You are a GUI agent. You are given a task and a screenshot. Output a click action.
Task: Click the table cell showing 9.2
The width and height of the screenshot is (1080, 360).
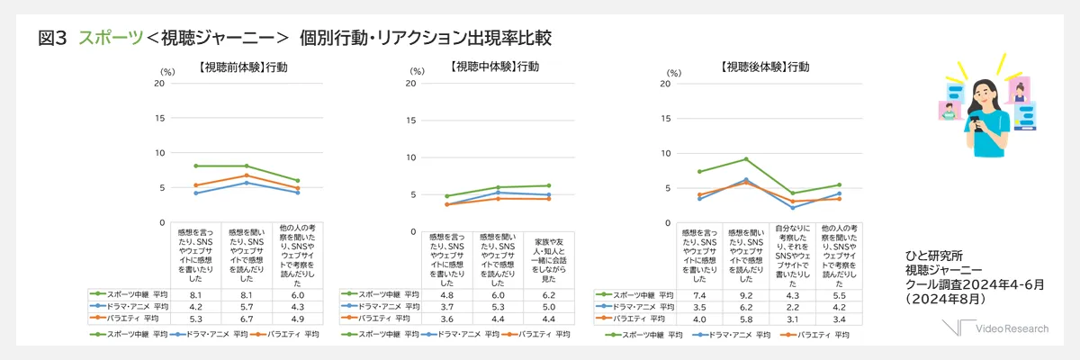[746, 294]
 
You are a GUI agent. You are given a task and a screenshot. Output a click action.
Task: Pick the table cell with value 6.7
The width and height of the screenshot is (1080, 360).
[246, 318]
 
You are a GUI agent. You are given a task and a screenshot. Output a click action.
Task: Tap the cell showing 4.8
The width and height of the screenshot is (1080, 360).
[447, 294]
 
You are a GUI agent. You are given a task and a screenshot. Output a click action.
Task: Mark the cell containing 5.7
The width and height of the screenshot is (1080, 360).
[246, 306]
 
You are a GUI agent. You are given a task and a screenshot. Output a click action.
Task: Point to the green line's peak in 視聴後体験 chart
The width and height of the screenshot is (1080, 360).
[746, 159]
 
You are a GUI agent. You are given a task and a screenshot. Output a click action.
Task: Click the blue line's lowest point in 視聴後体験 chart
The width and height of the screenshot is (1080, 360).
[793, 208]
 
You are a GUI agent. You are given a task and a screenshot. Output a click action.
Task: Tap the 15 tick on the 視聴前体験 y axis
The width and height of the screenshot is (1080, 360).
[160, 118]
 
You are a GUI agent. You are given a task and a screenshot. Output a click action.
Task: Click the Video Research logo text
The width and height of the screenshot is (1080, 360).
[1012, 328]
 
